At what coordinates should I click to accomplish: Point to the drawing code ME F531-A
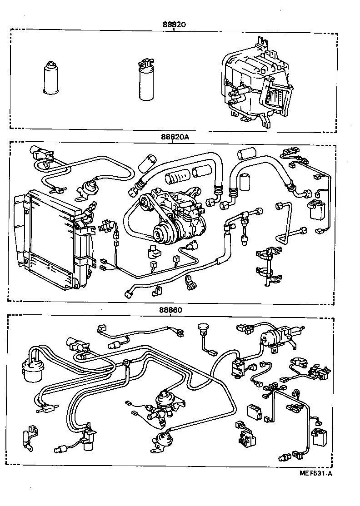click(315, 474)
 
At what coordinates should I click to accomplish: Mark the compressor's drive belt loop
click(136, 223)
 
